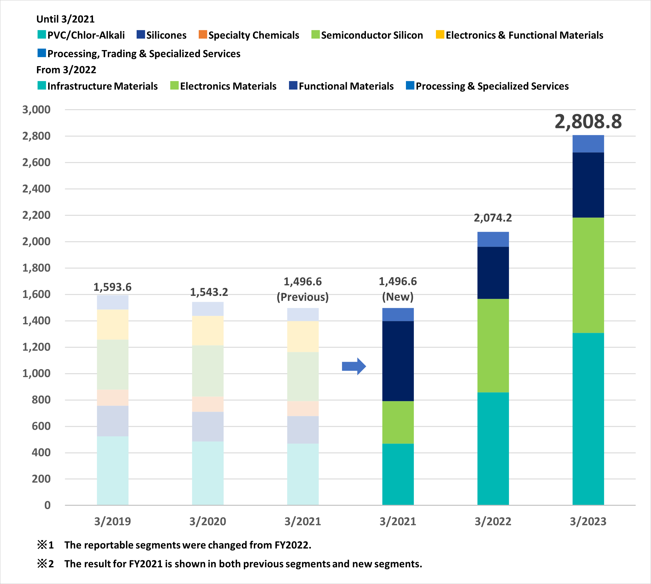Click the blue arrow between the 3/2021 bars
point(354,366)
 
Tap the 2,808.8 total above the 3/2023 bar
point(588,122)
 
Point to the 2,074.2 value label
point(493,218)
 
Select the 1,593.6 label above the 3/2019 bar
point(112,287)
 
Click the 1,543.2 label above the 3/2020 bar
point(209,292)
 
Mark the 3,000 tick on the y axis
point(36,110)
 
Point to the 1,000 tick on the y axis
point(36,373)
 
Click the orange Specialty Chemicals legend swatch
point(203,34)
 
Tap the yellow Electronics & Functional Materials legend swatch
point(440,34)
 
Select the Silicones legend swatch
point(141,34)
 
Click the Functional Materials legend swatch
point(293,85)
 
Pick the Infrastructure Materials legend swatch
point(42,85)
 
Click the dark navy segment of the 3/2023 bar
point(588,185)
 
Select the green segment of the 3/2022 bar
point(493,346)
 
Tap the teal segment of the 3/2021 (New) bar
point(398,474)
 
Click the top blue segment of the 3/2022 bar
point(493,239)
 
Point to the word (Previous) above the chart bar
point(303,297)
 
